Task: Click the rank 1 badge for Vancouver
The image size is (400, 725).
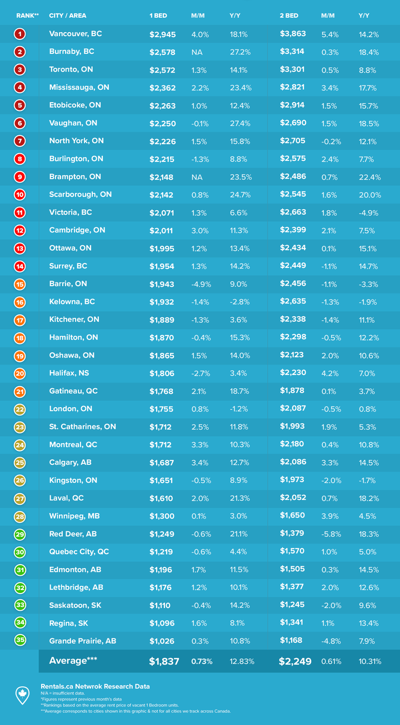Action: tap(20, 34)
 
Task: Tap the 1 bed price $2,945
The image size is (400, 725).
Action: tap(162, 34)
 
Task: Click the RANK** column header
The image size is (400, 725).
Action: tap(27, 16)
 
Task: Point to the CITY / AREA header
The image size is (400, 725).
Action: tap(68, 16)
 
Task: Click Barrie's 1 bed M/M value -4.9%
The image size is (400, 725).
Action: tap(201, 284)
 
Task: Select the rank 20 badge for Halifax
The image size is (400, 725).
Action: tap(20, 374)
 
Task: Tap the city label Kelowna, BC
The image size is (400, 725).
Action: tap(72, 302)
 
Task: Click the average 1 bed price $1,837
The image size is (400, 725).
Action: tap(164, 661)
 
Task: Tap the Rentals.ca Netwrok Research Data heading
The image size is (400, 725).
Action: tap(94, 686)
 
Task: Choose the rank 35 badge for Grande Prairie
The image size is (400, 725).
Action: tap(20, 641)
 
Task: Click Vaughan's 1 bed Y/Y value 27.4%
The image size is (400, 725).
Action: tap(239, 124)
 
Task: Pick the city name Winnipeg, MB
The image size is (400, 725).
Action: tap(73, 516)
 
